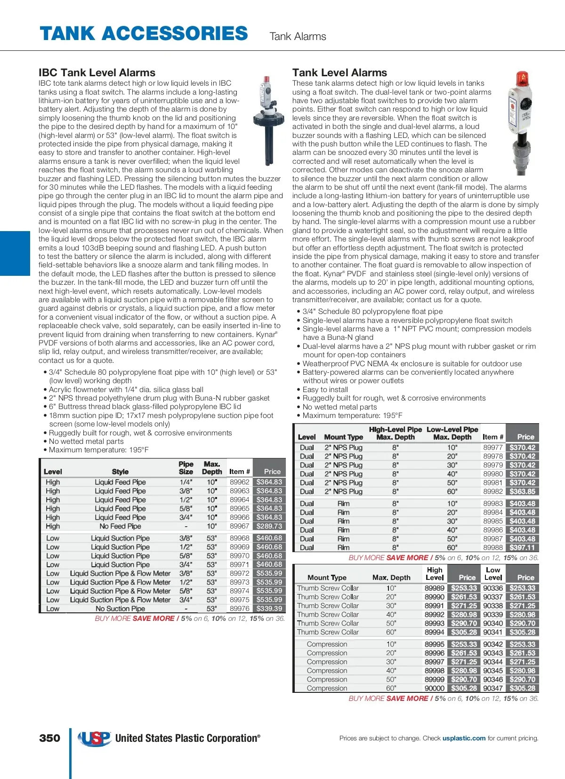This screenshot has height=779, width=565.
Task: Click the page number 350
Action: tap(50, 738)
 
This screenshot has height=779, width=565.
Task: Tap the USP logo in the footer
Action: tap(94, 738)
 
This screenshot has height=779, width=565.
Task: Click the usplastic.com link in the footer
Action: tap(464, 738)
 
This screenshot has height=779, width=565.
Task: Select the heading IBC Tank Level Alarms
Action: tap(97, 72)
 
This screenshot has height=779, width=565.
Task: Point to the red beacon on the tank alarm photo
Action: tap(521, 79)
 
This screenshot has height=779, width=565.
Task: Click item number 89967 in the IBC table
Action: tap(240, 526)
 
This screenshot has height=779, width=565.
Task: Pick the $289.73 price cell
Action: tap(269, 526)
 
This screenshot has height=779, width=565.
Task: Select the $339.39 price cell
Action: tap(269, 609)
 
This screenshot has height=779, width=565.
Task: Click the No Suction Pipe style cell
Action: tap(120, 609)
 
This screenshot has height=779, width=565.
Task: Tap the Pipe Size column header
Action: tap(186, 468)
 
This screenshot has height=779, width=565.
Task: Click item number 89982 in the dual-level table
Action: tap(493, 491)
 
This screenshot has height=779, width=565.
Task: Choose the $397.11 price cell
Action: tap(523, 547)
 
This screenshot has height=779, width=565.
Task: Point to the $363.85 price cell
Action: tap(523, 491)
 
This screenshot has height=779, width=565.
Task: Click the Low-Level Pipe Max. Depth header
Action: tap(452, 433)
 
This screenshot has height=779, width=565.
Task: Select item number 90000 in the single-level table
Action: tap(435, 688)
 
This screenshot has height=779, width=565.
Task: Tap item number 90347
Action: tap(493, 688)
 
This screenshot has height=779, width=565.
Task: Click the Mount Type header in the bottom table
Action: tap(327, 578)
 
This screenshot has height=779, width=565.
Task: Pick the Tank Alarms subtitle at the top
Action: tap(298, 36)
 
